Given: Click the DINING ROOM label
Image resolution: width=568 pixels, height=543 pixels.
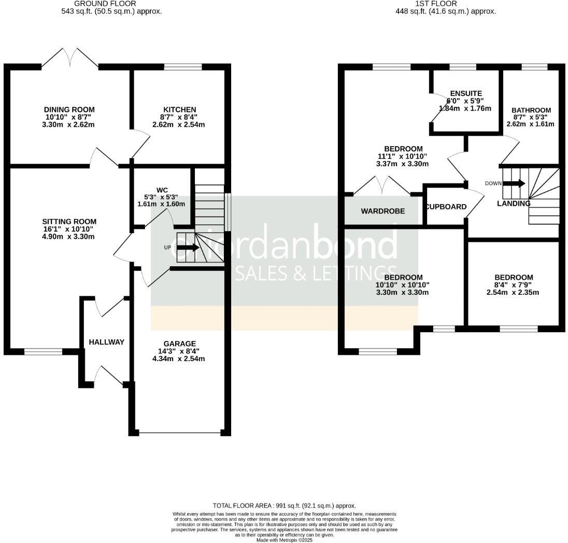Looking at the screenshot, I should tap(69, 109).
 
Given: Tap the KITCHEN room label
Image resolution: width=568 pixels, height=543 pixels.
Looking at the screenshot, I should tap(179, 109).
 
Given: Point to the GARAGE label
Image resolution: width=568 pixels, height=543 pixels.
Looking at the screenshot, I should tap(179, 344).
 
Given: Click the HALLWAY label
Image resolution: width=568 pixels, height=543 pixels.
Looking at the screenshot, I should tap(106, 342).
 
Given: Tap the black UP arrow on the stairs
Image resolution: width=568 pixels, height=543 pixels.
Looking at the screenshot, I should tap(188, 248).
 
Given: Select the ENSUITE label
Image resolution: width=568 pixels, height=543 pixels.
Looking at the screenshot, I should tap(465, 93).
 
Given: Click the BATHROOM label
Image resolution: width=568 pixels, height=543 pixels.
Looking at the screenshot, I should tap(531, 110).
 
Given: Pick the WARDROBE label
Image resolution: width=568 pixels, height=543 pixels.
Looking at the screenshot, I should tap(382, 211).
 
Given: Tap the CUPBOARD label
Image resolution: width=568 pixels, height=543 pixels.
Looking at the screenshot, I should tap(446, 207).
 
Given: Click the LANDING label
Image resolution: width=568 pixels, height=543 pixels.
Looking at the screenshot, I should tap(514, 204).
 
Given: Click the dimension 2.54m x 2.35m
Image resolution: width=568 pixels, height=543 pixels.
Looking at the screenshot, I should tap(513, 292).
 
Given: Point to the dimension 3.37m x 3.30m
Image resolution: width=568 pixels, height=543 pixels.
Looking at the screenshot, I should tap(403, 164).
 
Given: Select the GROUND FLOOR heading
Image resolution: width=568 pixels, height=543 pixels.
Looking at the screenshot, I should tap(112, 4).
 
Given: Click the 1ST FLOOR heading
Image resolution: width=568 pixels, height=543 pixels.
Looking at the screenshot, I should tap(428, 4).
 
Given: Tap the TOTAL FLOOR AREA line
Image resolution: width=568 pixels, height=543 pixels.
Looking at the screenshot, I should tap(284, 506).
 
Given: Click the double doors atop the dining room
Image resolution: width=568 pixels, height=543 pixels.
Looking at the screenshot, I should tap(70, 58).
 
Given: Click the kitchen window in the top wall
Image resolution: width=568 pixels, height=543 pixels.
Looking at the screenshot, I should tap(182, 67).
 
